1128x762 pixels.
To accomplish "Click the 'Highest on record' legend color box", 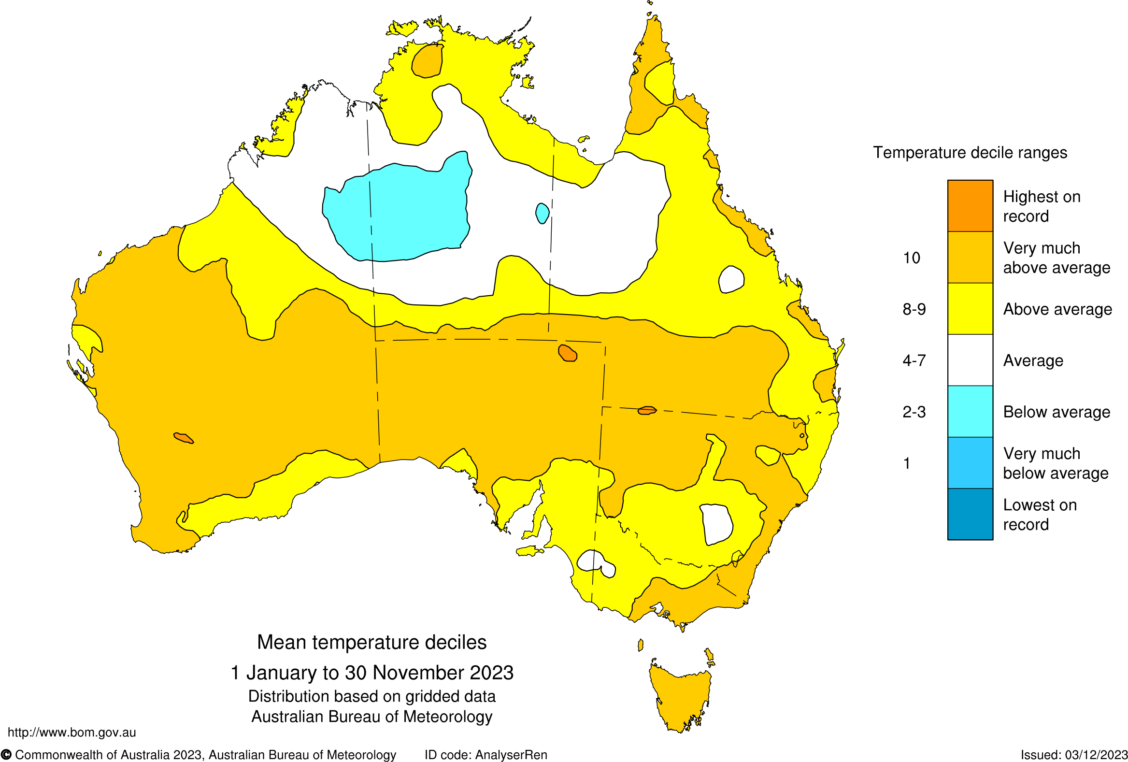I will point(970,206).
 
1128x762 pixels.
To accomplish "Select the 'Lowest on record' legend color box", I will point(970,514).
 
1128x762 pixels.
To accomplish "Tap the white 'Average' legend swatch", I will point(970,360).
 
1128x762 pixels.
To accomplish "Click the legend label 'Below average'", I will point(1056,412).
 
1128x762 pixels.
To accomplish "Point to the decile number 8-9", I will point(914,309).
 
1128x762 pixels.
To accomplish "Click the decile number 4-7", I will point(914,360).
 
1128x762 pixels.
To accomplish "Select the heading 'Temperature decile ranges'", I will point(970,152).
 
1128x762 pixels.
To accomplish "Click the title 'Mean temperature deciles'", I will point(372,642).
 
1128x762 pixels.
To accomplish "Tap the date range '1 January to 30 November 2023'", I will point(372,673).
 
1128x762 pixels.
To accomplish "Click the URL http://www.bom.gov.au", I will point(72,733).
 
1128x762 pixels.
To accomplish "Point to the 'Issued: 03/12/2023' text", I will point(1073,755).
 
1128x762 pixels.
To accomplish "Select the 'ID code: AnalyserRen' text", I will point(486,755).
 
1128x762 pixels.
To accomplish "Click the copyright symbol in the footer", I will point(6,755).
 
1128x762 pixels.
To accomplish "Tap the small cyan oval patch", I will point(542,213).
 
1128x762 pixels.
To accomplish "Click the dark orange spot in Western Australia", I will point(184,438).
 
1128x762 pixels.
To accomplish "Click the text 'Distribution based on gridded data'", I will point(372,696).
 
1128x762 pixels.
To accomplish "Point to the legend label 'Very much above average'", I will point(1056,258).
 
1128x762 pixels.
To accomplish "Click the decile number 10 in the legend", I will point(912,258).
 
